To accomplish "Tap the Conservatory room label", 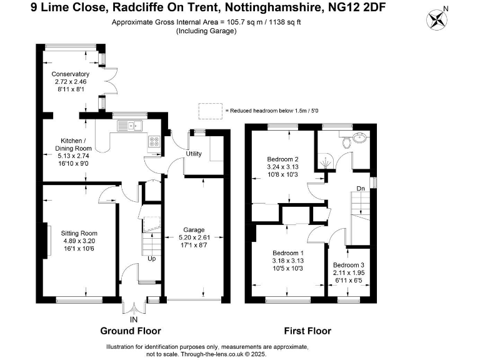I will [70, 74].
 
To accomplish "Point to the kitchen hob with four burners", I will [154, 142].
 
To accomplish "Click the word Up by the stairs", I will [151, 258].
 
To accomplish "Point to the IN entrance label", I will [133, 319].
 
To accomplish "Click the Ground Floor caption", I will [131, 331].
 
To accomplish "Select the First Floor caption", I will [307, 331].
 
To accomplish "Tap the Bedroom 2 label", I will [282, 159].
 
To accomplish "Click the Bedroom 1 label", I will [288, 252].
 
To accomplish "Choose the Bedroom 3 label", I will [349, 265].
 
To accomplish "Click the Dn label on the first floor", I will [361, 188].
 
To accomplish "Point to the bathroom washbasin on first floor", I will [361, 139].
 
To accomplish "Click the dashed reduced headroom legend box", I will [211, 110].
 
